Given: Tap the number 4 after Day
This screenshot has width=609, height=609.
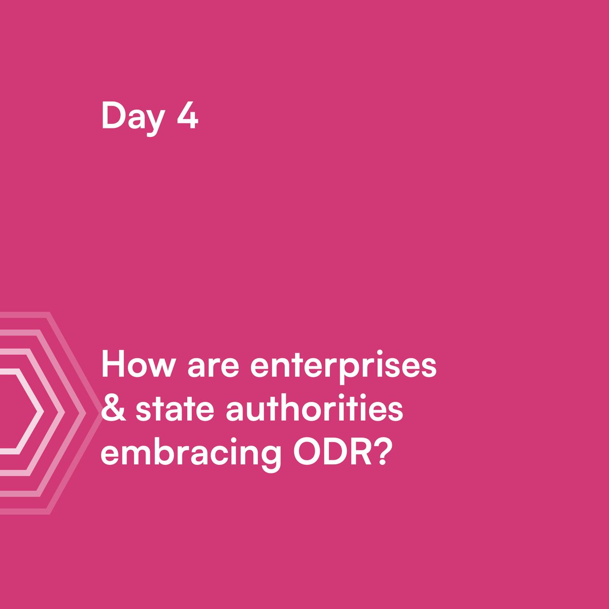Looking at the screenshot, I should click(187, 116).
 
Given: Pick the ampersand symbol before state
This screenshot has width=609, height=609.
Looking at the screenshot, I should click(114, 409).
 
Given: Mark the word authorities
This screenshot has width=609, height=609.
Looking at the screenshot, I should click(315, 409).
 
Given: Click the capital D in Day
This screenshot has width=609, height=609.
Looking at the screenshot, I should click(113, 116).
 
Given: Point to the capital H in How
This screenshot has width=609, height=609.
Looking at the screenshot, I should click(114, 365).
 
